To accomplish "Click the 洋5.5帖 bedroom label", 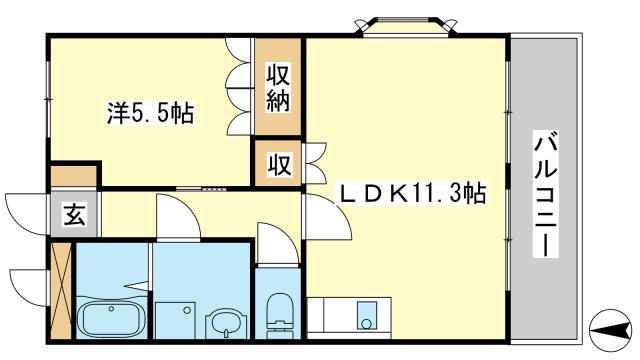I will click(x=151, y=113).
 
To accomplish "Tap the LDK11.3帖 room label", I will click(x=411, y=193).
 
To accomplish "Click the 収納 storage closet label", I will click(x=278, y=87).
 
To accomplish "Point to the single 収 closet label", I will click(x=278, y=164).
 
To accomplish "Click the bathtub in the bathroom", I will click(x=113, y=320).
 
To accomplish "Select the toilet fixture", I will click(x=279, y=311).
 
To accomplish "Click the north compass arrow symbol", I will click(x=610, y=328).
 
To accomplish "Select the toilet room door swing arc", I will click(x=271, y=243).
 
